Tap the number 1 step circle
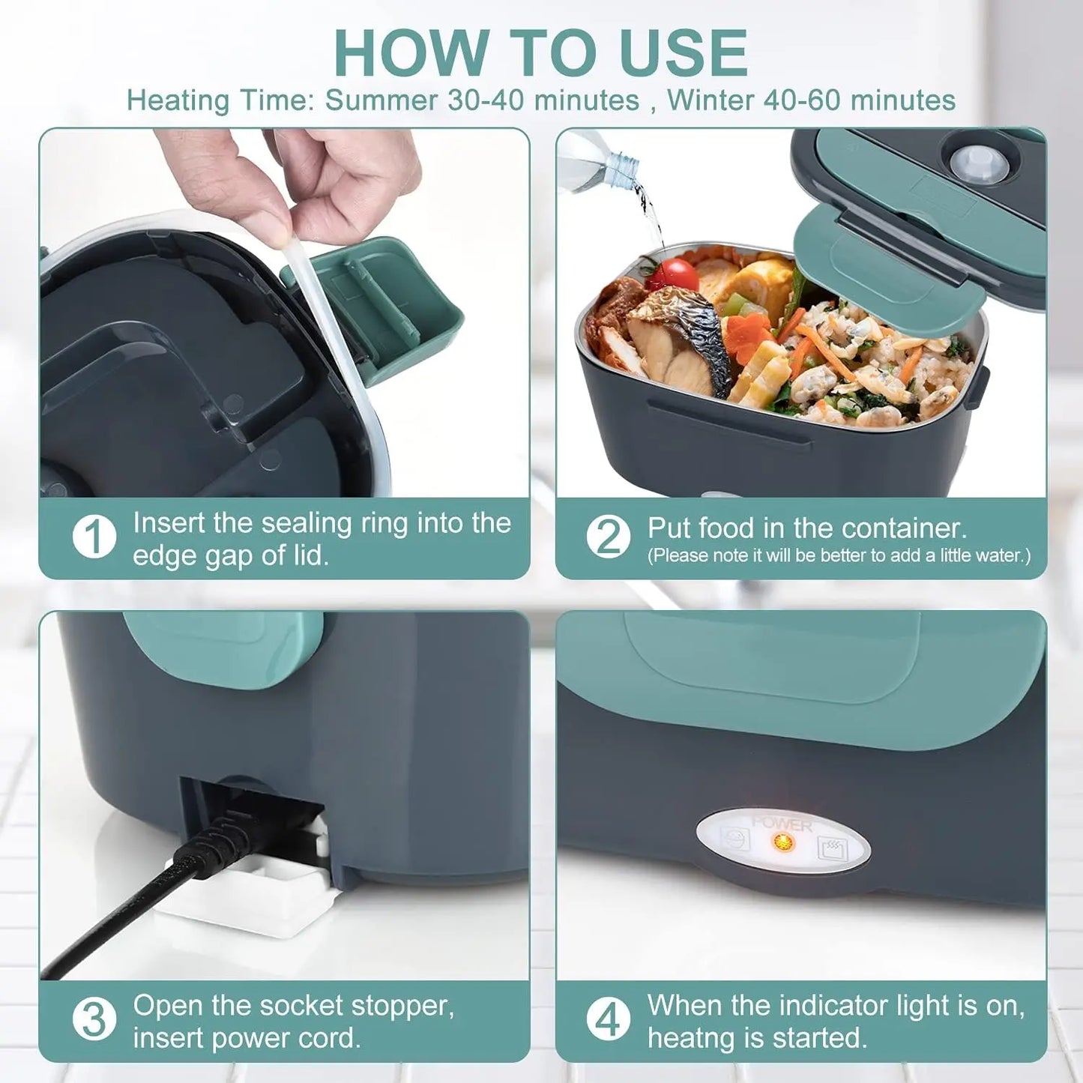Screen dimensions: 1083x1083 94,537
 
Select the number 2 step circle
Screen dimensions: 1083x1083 608,537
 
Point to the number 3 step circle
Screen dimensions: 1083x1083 94,1020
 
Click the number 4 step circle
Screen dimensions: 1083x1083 608,1020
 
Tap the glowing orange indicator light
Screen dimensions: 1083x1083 783,842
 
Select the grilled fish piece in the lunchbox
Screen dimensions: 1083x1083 678,341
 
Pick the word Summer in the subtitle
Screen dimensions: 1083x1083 381,100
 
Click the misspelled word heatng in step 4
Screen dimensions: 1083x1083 690,1039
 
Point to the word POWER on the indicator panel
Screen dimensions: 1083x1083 782,824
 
